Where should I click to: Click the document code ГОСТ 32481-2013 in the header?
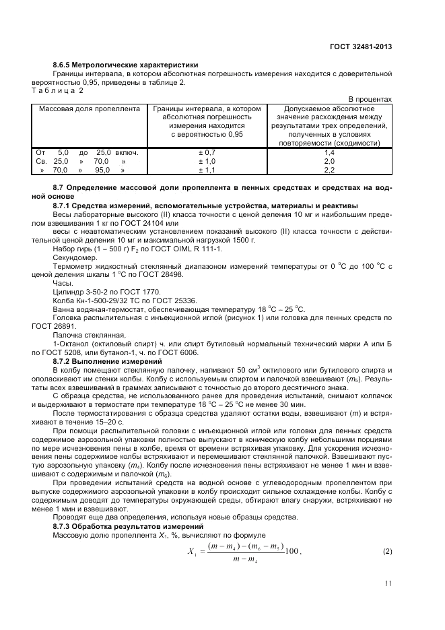(361, 46)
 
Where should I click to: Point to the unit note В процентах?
(370, 99)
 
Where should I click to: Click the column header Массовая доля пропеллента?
(90, 108)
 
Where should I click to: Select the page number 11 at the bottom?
(388, 584)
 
